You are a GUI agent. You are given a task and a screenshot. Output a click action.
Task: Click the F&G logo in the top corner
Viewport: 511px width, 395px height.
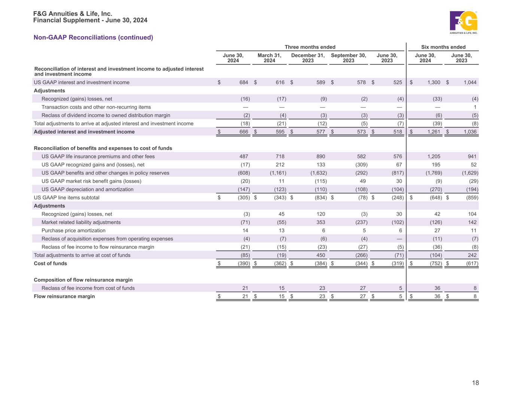(463, 22)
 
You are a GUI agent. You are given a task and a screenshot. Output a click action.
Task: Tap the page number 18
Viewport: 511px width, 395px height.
(475, 383)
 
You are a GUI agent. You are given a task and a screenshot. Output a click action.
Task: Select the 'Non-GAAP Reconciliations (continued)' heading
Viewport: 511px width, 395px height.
(93, 37)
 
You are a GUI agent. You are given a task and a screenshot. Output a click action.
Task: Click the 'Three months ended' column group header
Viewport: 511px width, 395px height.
(310, 47)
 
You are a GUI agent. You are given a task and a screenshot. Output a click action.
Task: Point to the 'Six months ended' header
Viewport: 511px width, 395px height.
(443, 47)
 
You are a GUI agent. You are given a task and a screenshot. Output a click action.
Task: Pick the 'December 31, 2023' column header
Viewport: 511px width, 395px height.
(308, 58)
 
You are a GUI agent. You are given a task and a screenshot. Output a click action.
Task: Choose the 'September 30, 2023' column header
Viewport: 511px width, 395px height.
(348, 58)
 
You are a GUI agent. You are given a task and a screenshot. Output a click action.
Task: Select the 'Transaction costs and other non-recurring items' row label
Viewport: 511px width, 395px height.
(96, 107)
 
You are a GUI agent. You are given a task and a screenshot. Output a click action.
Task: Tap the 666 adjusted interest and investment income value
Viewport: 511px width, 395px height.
(244, 132)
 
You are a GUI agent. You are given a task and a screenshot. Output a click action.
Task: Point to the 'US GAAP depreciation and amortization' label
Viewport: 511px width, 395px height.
(88, 189)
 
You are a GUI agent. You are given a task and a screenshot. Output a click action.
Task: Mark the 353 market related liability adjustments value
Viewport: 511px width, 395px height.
(320, 222)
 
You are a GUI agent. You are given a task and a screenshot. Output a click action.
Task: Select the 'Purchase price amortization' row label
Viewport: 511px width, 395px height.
(73, 231)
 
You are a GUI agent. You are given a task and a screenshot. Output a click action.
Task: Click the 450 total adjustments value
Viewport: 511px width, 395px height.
(320, 255)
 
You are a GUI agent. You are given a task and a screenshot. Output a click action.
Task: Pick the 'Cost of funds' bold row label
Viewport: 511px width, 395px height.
(50, 264)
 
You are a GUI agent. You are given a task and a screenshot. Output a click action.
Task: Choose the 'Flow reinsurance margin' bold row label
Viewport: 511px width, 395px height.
(64, 297)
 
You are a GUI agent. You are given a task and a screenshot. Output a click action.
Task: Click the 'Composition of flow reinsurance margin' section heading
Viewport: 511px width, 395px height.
(83, 280)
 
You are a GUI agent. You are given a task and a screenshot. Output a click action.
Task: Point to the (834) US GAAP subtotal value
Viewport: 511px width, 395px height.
(320, 198)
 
